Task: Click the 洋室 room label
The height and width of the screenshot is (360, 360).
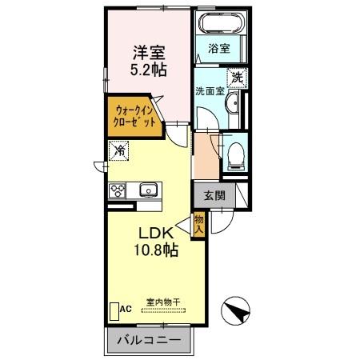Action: pos(150,53)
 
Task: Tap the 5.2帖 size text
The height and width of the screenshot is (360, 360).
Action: pos(150,70)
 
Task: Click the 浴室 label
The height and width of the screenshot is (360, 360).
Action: pos(219,48)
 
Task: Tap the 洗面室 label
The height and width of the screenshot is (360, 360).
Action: pos(210,91)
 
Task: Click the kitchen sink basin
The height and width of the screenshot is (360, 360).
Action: pos(148,190)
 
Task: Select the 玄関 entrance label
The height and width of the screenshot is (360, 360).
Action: pos(213,194)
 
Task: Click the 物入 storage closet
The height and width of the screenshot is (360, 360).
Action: pos(199,225)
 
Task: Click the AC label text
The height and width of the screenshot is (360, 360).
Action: pos(126,308)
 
